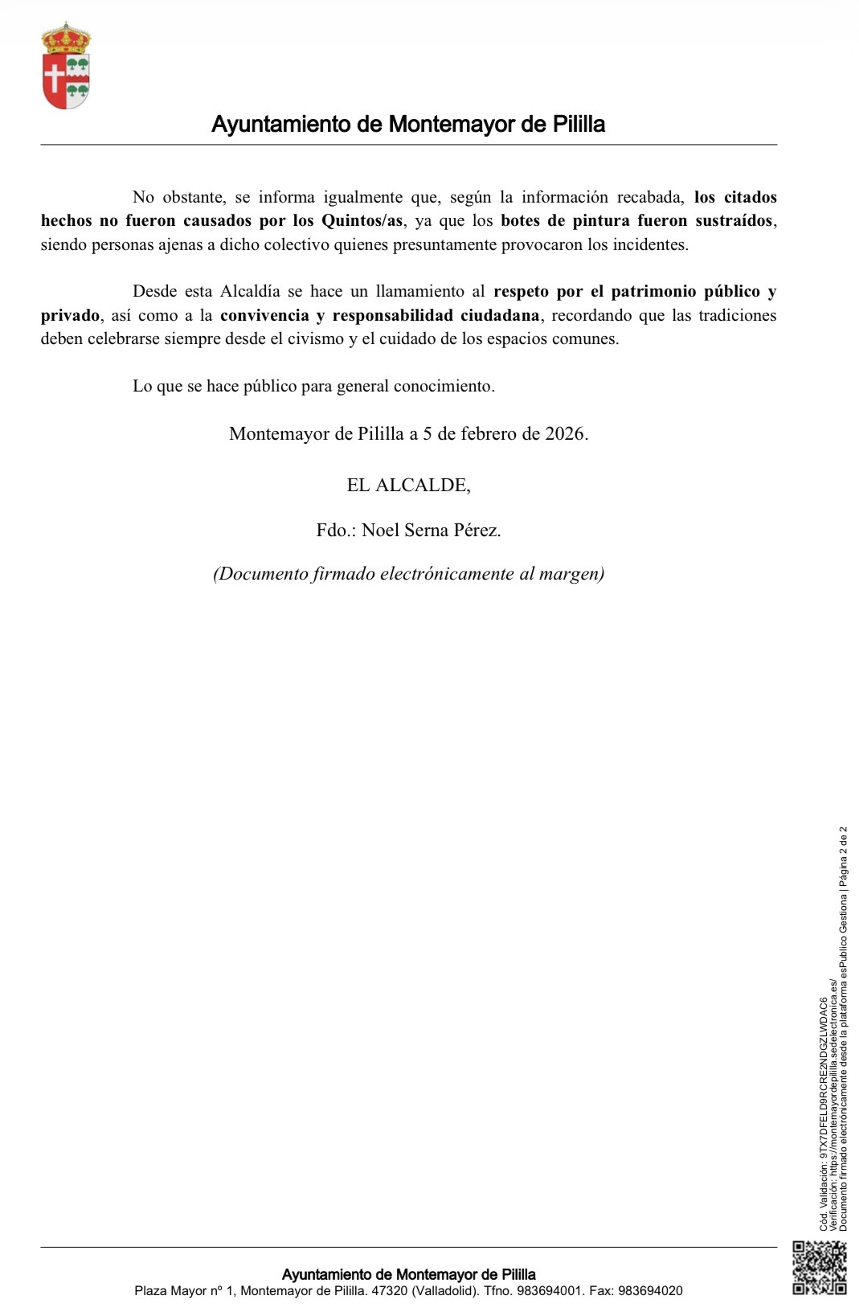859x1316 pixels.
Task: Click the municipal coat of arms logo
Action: pos(66,67)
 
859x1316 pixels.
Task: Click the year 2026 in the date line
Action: pos(565,434)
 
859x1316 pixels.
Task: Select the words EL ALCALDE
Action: pos(408,486)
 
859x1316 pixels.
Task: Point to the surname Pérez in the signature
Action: pos(477,531)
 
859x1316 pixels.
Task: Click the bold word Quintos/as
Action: pos(362,221)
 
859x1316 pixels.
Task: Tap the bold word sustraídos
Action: pos(734,221)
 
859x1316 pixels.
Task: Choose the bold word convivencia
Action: pos(264,315)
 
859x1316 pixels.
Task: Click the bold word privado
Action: pos(71,315)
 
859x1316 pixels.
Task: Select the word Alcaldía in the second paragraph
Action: pos(250,292)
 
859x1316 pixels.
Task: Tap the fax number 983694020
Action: pos(650,1291)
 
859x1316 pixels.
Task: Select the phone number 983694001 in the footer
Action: pos(550,1291)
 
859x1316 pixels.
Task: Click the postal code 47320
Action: pos(389,1291)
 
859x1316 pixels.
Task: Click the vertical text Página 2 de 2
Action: pos(844,856)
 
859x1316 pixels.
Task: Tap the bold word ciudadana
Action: pos(500,315)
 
